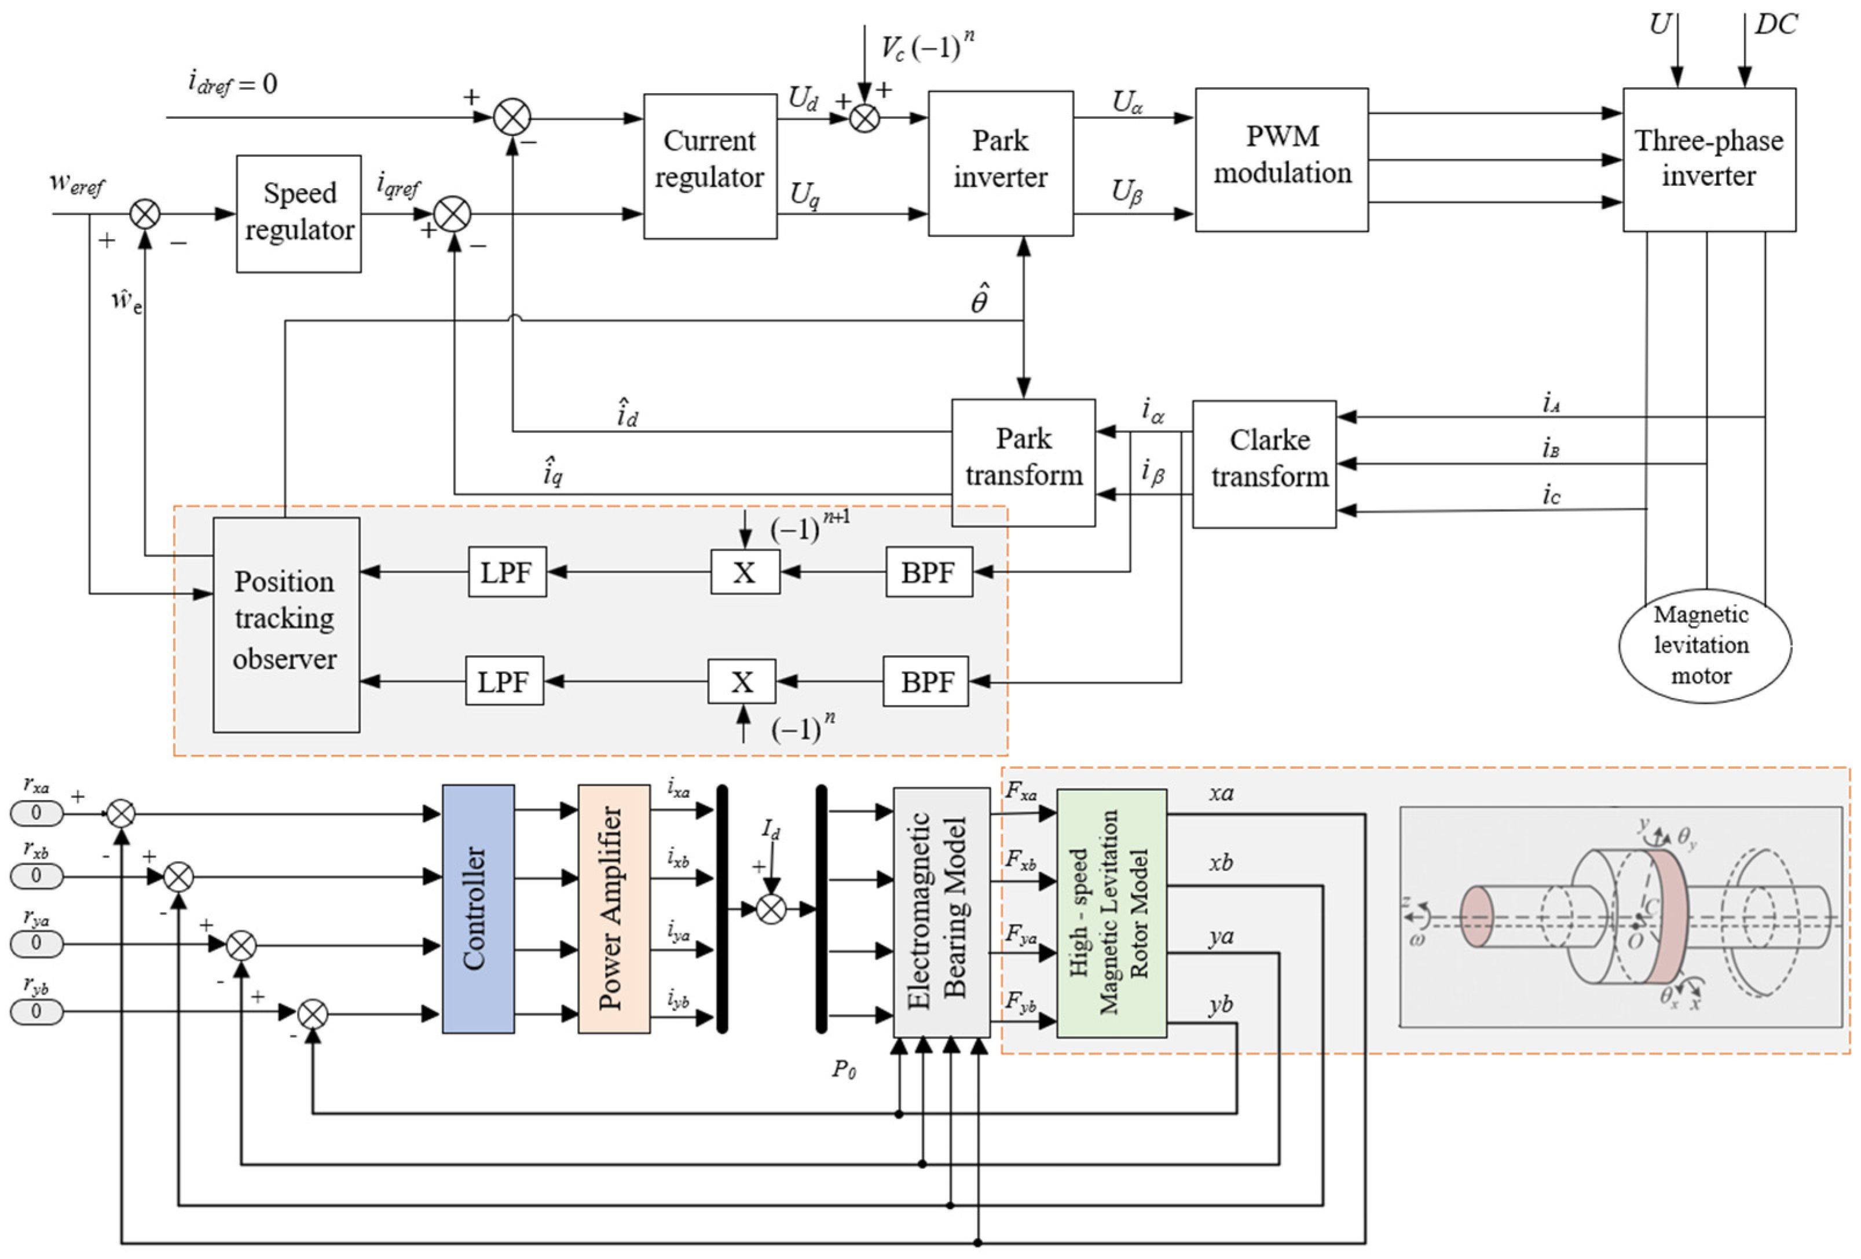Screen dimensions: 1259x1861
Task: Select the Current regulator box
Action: click(x=709, y=166)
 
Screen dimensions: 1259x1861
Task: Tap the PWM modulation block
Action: click(x=1281, y=159)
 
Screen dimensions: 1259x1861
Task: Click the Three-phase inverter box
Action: click(x=1708, y=159)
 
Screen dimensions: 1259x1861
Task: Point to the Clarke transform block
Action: click(x=1263, y=464)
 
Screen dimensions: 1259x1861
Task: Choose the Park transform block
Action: click(x=1023, y=462)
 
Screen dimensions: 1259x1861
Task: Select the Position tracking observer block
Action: click(x=286, y=625)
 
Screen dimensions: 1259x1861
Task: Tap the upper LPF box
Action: click(x=507, y=571)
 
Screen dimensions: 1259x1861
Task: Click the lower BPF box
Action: click(x=926, y=681)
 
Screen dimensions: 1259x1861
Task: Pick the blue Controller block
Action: click(x=478, y=908)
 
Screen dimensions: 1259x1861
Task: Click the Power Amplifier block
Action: click(x=613, y=908)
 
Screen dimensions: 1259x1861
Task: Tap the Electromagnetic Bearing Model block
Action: click(x=941, y=912)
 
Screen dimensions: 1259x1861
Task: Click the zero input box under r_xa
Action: click(x=36, y=812)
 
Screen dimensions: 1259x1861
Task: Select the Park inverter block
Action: click(x=1000, y=163)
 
